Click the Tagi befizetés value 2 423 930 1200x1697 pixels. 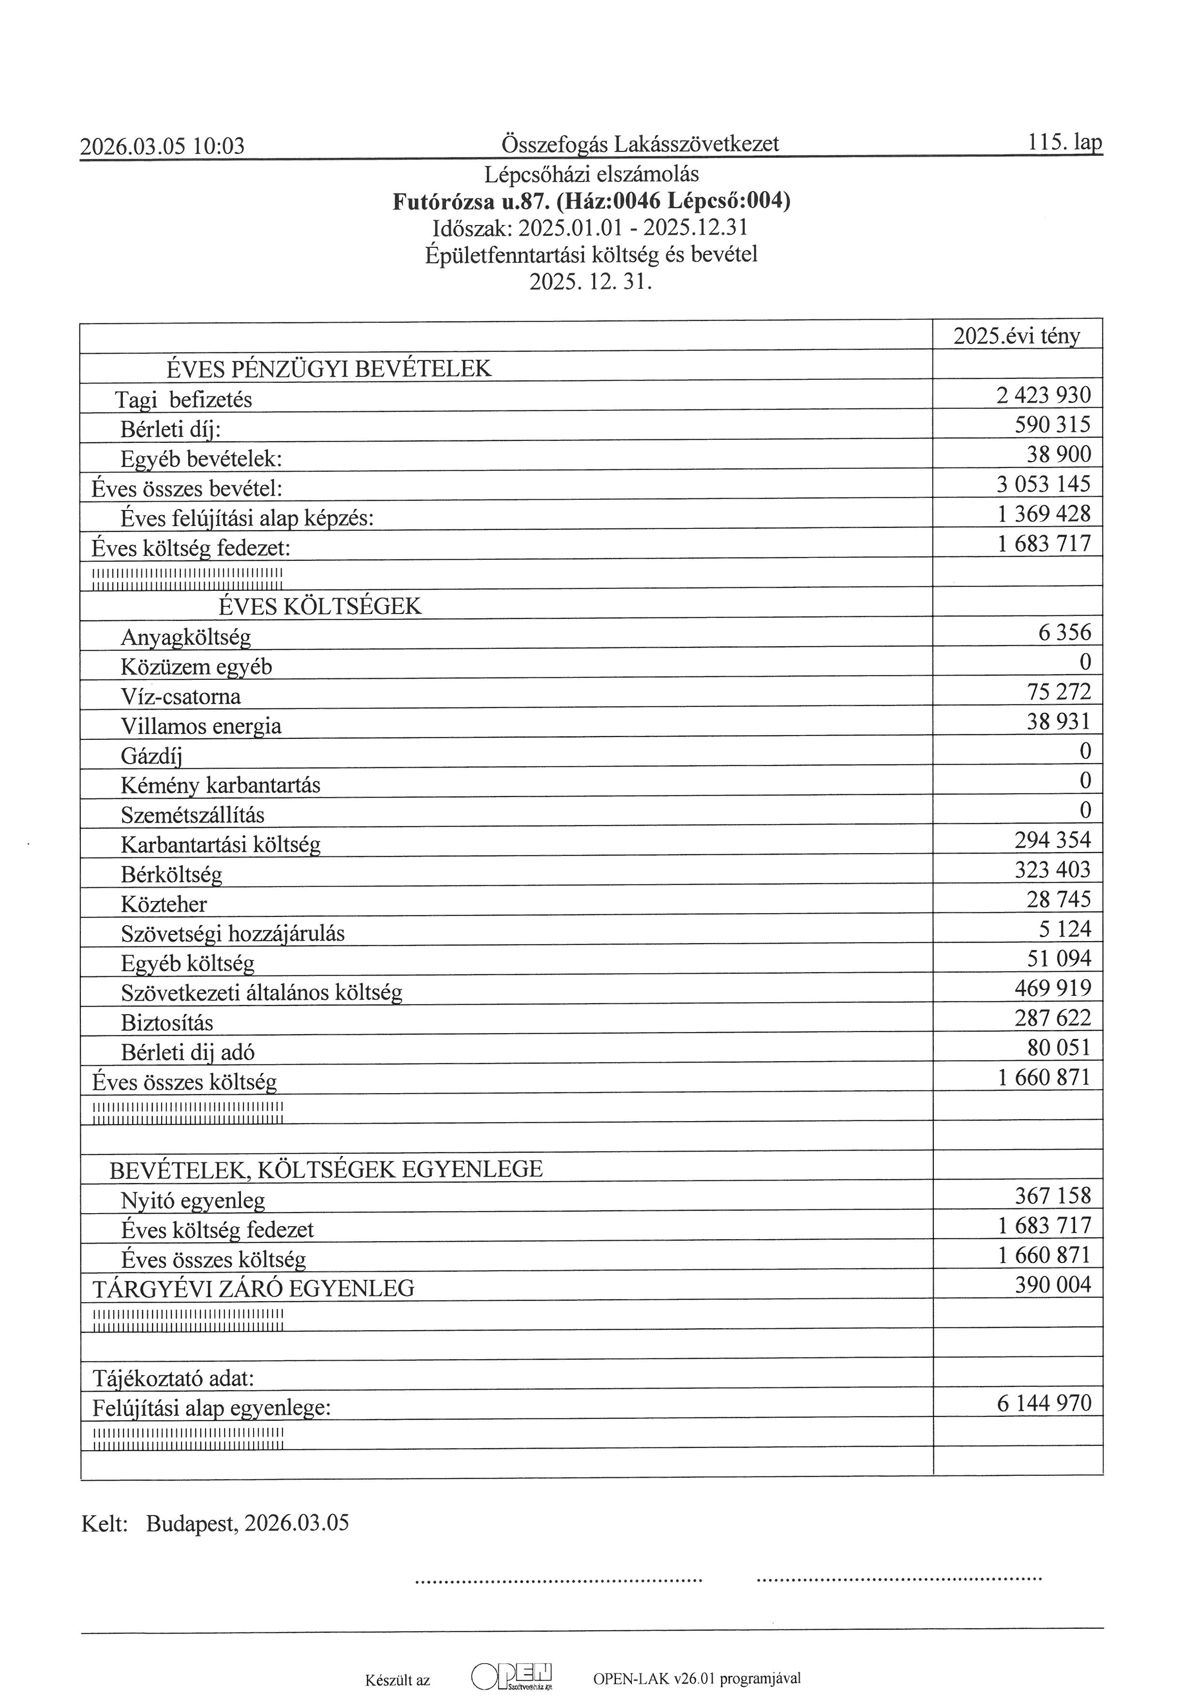click(x=1043, y=395)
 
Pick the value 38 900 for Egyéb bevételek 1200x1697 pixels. click(x=1058, y=454)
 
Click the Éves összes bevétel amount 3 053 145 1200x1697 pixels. click(x=1043, y=484)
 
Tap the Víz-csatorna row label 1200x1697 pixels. click(x=181, y=696)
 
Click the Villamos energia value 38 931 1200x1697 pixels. click(x=1058, y=721)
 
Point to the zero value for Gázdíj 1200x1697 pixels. click(x=1085, y=751)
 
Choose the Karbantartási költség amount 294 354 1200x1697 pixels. click(x=1052, y=841)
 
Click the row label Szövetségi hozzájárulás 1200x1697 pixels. click(x=233, y=933)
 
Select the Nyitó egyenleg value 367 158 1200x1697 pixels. click(x=1052, y=1196)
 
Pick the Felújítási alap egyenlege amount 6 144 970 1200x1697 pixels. click(x=1043, y=1403)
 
